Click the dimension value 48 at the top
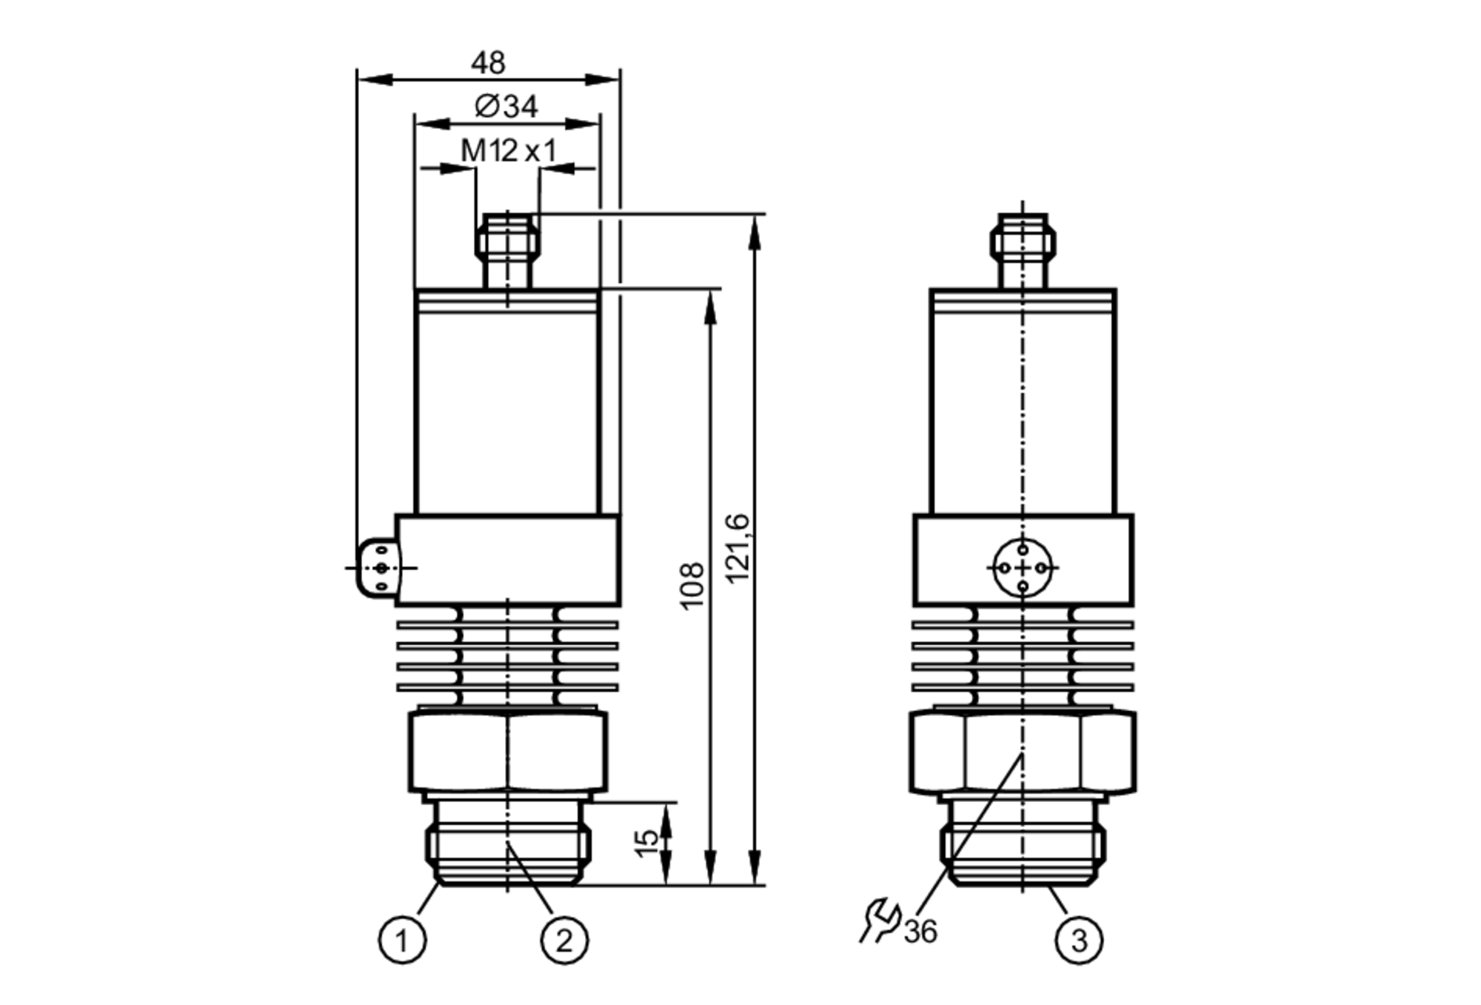point(488,63)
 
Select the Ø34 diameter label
point(507,107)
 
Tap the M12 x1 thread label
point(508,151)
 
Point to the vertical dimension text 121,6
point(738,548)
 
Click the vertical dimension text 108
point(692,586)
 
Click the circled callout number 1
point(402,941)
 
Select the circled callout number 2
point(564,941)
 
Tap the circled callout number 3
point(1079,941)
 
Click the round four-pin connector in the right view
point(1023,568)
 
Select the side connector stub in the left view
point(378,568)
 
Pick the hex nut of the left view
point(508,752)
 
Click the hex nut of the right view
point(1023,752)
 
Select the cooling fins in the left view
point(508,656)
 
